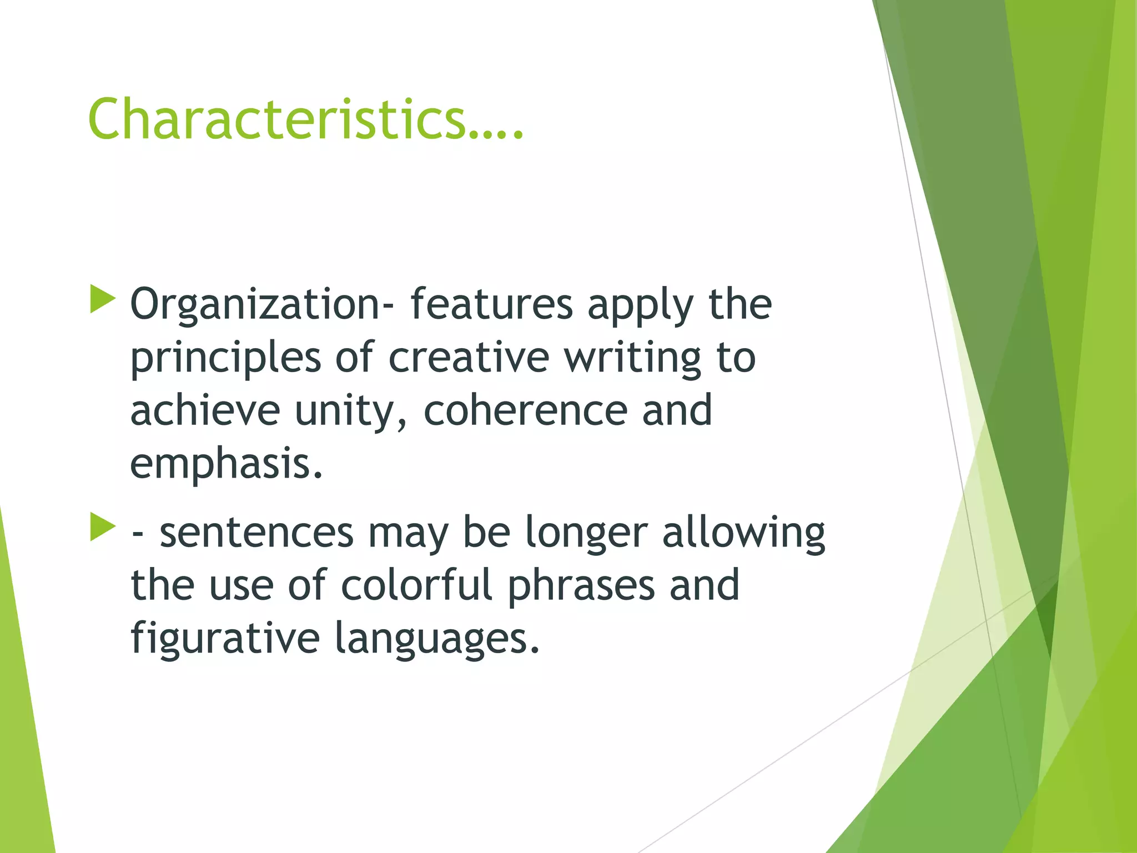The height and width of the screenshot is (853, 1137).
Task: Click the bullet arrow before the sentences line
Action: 102,527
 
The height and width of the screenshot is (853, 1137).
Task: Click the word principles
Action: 225,358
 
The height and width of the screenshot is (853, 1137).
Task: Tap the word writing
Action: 633,358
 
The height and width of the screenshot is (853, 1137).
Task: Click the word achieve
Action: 205,410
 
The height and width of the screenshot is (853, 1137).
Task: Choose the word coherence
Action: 525,410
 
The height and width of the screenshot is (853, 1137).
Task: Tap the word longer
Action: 586,533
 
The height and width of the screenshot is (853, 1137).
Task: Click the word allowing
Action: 743,533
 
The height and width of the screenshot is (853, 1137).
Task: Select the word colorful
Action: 416,585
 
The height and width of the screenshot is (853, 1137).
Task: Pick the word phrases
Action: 581,586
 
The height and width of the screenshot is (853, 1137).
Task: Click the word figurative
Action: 225,639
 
